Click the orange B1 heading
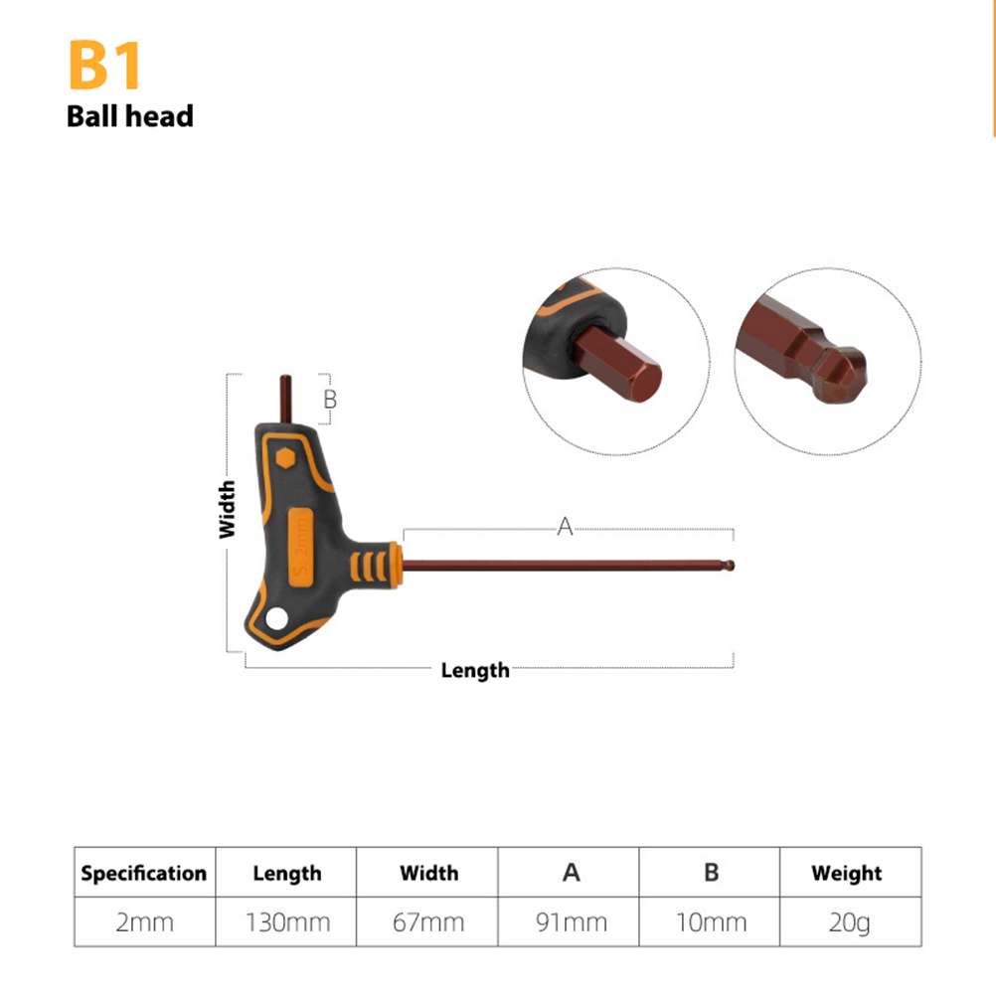tap(104, 65)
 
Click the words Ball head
tap(130, 116)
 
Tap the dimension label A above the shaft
tap(565, 526)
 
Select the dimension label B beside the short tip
tap(330, 399)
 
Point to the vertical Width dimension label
tap(227, 510)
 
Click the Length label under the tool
tap(475, 671)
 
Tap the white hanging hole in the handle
tap(277, 618)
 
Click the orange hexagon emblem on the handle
tap(286, 457)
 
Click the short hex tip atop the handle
tap(286, 399)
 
